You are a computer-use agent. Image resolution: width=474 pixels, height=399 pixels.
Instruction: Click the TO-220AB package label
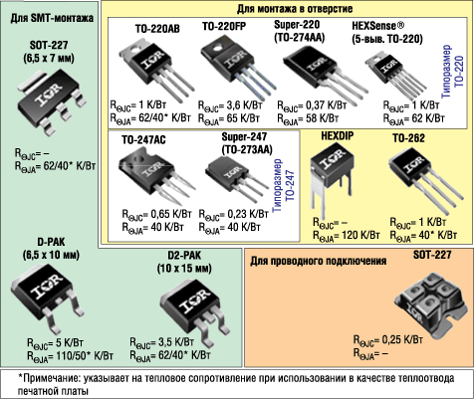[x=157, y=29]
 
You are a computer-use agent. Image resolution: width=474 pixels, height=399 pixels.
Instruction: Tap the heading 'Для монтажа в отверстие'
[x=295, y=9]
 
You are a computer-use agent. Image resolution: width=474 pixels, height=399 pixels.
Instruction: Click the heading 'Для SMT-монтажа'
[x=52, y=18]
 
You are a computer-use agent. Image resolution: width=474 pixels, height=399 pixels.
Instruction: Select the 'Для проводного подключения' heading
[x=318, y=261]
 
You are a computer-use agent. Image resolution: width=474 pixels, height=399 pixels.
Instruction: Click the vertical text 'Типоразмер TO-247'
[x=283, y=186]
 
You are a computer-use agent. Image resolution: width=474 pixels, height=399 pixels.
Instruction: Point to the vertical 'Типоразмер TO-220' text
[x=452, y=71]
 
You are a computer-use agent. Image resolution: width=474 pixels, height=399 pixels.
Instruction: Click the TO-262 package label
[x=408, y=138]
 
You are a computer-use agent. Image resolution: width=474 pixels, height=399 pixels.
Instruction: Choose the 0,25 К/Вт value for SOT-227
[x=402, y=339]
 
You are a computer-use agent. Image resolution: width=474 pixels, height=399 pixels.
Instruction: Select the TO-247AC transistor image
[x=152, y=176]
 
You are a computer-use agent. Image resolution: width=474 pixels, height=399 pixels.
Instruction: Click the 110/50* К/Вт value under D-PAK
[x=81, y=356]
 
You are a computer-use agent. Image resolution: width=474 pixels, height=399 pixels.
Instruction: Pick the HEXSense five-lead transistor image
[x=395, y=75]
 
